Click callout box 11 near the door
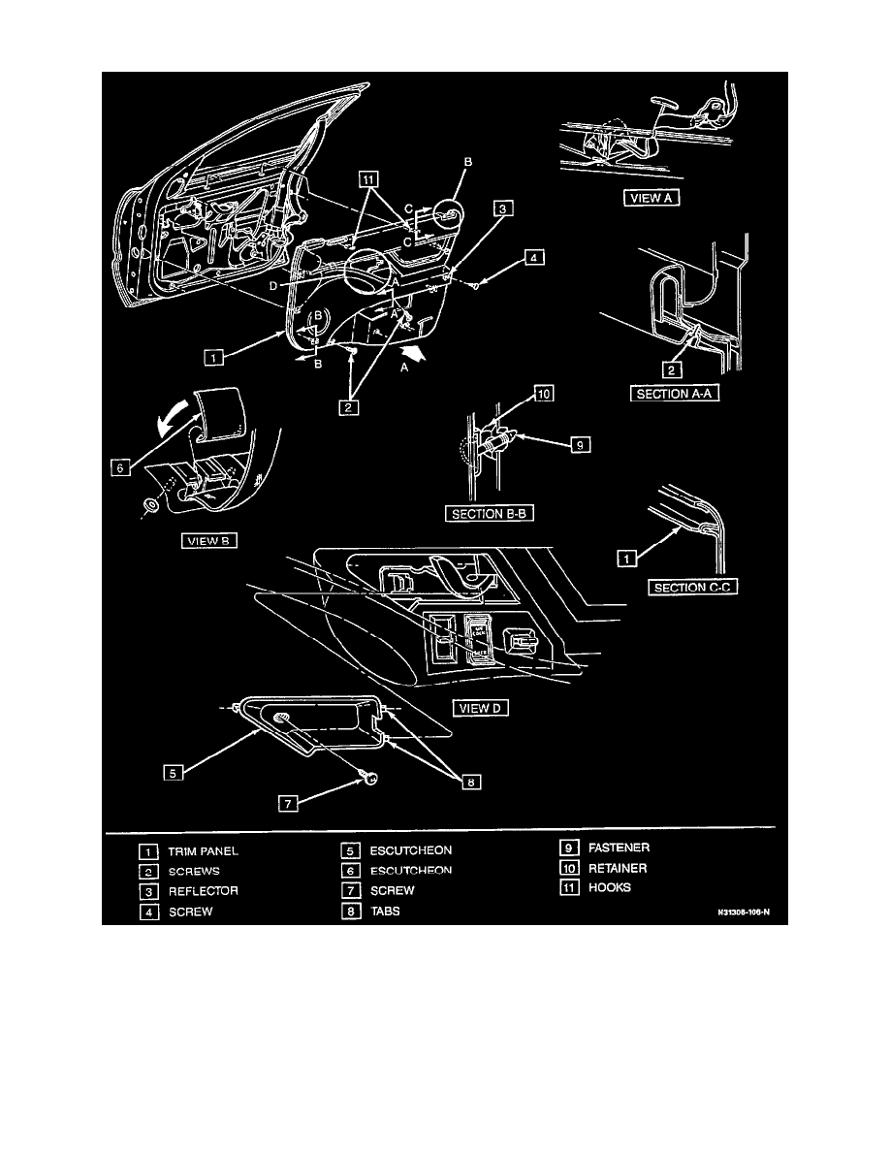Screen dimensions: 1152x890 click(x=367, y=178)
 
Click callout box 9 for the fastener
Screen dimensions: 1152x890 click(x=577, y=445)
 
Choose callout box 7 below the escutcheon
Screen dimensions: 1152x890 click(x=287, y=804)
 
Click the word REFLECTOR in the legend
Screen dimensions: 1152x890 click(x=203, y=890)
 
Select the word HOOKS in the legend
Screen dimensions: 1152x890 click(x=610, y=887)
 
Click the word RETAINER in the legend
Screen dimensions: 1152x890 click(x=618, y=868)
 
